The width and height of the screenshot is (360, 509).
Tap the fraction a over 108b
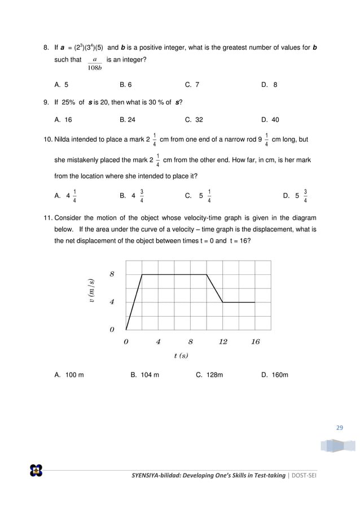point(95,64)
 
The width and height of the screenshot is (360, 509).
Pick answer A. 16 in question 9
point(63,120)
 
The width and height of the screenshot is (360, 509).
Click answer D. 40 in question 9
point(270,120)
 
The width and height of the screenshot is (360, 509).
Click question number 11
point(48,218)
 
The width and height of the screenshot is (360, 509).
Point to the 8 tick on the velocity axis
point(112,274)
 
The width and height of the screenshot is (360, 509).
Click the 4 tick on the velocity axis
point(112,302)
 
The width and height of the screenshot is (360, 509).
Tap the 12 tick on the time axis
point(223,341)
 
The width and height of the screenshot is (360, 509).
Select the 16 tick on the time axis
point(255,341)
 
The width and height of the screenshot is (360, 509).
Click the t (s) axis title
point(181,356)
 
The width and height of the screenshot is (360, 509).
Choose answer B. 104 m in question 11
point(144,375)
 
